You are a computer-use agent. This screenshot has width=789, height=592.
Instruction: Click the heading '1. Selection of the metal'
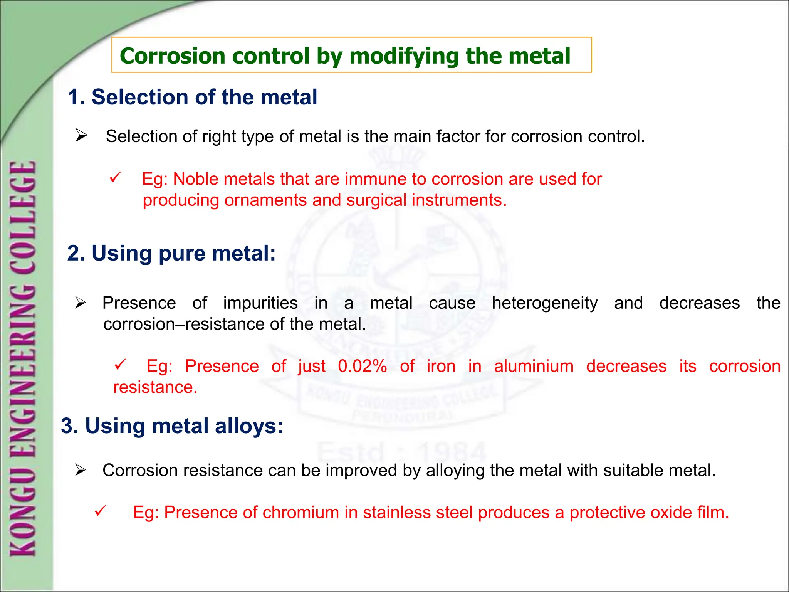192,97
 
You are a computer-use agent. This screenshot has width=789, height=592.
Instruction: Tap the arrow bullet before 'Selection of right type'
81,136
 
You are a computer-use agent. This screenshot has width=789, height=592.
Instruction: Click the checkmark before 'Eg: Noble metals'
115,178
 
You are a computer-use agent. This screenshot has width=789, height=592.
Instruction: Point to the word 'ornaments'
265,200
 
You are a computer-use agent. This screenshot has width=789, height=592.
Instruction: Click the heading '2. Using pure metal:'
171,253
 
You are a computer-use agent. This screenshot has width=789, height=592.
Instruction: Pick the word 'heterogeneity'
544,303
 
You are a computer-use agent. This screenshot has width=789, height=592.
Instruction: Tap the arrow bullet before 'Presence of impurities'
80,303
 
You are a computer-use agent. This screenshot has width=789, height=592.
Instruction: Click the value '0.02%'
362,366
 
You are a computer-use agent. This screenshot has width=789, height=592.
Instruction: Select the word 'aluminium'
534,366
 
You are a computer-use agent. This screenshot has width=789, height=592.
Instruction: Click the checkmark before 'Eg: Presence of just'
120,364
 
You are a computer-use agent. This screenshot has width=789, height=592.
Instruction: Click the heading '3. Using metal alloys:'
172,426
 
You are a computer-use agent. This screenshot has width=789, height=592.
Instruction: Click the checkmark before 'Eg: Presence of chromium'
100,511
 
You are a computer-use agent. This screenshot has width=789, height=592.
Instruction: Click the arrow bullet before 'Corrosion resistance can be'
80,471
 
